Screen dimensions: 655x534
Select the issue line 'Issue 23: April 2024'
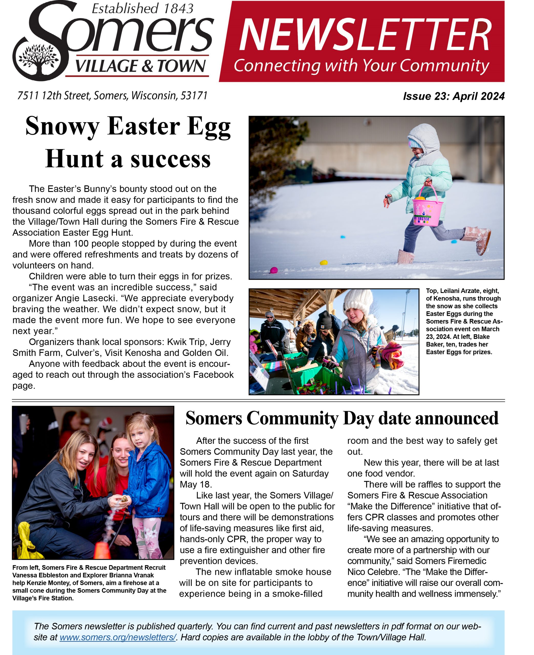tap(453, 96)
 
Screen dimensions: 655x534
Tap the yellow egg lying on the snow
tap(323, 263)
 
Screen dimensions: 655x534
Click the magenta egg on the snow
tap(273, 270)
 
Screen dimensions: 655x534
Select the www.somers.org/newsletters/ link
tap(118, 637)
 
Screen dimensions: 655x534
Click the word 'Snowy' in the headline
tap(62, 126)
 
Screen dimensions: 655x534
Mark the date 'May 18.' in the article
tap(196, 484)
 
